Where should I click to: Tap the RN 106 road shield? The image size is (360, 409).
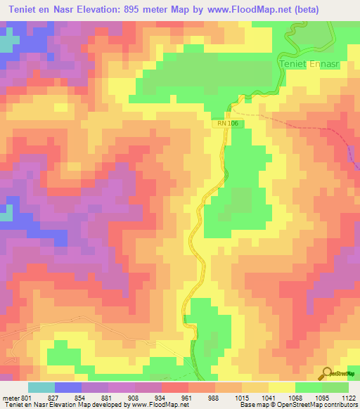pos(227,124)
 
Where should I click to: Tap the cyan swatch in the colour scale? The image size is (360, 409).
pos(41,387)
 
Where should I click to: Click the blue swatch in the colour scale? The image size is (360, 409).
pos(68,387)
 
